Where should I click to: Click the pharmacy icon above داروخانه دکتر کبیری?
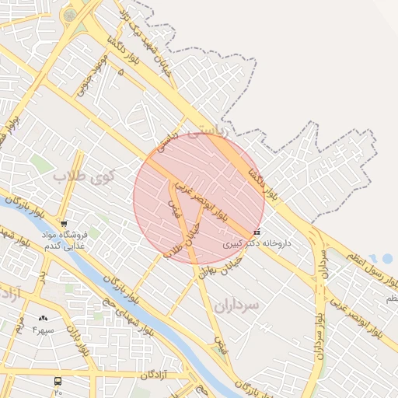[x=257, y=232]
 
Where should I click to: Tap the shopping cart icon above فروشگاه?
[x=64, y=224]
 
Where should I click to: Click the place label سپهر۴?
[x=43, y=330]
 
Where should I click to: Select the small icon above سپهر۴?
[x=43, y=319]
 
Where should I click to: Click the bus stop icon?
[x=58, y=381]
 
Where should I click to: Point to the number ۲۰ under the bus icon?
[x=58, y=393]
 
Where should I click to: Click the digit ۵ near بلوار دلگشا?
[x=120, y=72]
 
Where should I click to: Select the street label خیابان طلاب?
[x=181, y=232]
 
